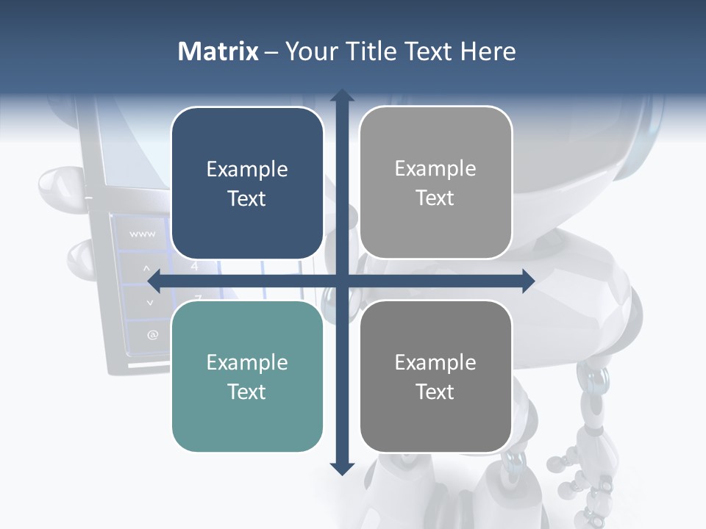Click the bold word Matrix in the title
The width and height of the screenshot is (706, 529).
218,51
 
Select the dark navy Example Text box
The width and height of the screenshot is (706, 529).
247,183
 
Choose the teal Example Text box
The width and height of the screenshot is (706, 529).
247,376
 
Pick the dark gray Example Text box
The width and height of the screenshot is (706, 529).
435,376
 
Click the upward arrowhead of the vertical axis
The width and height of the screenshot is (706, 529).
341,96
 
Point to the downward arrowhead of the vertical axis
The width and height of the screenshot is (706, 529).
341,468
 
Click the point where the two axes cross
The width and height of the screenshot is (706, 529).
341,281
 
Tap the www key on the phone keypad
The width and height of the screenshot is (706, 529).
142,234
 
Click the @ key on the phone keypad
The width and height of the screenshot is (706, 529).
152,335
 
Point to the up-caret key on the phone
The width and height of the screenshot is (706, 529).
146,268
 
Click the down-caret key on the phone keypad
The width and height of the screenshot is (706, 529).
150,301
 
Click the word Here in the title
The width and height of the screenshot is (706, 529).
488,51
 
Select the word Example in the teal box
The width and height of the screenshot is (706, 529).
247,362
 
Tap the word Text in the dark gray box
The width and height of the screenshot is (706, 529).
435,392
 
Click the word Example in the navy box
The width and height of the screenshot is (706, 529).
247,169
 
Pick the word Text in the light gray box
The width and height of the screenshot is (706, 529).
435,198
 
